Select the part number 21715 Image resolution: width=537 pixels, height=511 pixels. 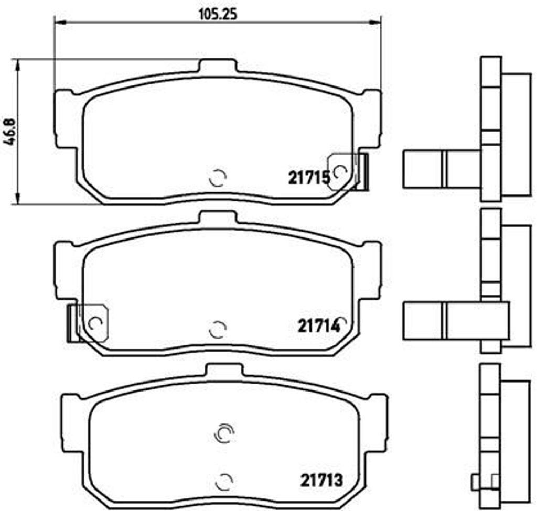[x=308, y=178]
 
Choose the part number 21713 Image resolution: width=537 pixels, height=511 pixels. [x=321, y=479]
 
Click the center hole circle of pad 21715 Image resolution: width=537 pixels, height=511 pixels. [x=217, y=179]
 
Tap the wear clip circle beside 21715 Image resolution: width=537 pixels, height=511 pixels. [x=340, y=171]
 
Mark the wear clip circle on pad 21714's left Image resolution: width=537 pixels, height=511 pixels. [x=95, y=323]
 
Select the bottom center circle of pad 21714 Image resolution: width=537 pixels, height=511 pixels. [x=217, y=330]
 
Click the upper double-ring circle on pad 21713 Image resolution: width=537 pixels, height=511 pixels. [x=224, y=432]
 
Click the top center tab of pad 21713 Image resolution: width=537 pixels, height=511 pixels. [x=224, y=371]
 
